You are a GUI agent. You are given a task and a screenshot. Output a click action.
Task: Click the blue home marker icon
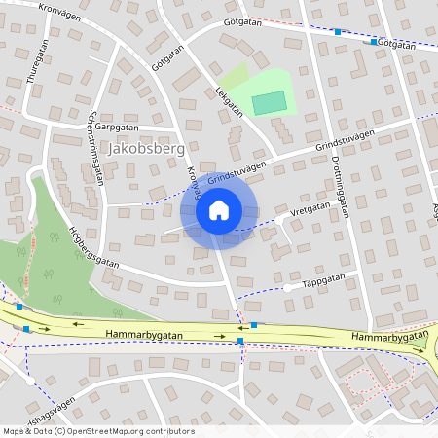(x=219, y=210)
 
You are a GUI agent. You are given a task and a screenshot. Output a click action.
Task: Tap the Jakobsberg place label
(x=143, y=149)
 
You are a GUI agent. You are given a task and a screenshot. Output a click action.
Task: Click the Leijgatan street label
(x=228, y=101)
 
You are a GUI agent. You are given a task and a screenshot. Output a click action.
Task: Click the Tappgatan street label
(x=324, y=280)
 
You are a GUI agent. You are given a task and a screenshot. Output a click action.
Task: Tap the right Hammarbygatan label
(x=388, y=336)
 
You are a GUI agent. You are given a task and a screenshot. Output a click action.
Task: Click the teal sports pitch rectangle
(x=270, y=102)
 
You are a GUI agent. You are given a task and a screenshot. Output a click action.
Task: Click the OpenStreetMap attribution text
(x=98, y=431)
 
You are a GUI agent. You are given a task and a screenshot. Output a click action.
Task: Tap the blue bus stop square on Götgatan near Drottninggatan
(x=338, y=32)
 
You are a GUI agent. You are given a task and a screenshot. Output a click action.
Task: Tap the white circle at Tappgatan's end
(x=287, y=288)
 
